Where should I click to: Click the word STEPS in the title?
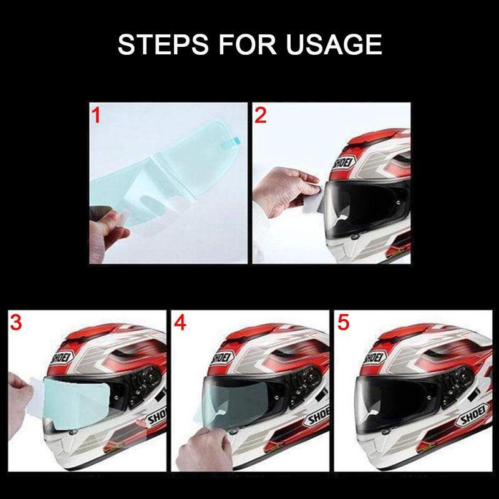[163, 44]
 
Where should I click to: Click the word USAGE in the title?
[334, 44]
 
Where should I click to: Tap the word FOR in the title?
[247, 44]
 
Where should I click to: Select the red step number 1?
[96, 115]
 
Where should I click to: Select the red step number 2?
[260, 115]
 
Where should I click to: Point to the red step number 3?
[16, 322]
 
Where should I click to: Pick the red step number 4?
[180, 322]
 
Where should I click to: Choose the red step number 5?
[344, 322]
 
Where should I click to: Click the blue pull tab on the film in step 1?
[235, 140]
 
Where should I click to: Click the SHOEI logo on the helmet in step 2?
[344, 165]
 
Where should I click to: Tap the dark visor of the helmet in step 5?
[398, 404]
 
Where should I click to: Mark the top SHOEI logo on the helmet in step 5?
[375, 357]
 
